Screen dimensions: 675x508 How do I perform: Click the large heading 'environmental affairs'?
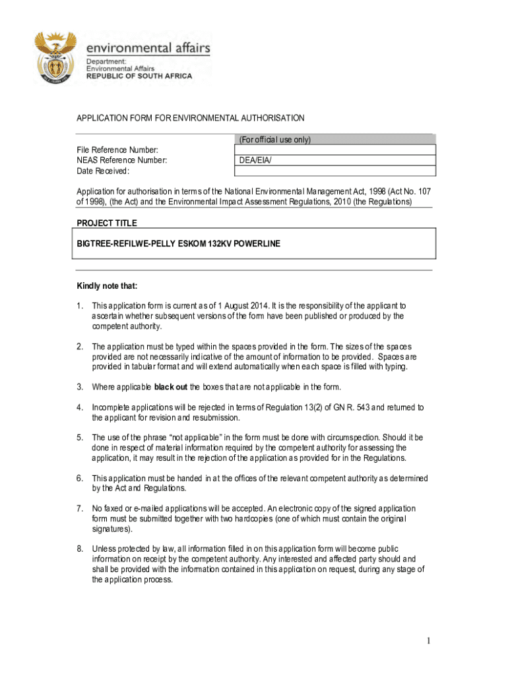[x=148, y=47]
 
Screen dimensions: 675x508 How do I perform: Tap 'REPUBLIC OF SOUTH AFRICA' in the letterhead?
[x=139, y=76]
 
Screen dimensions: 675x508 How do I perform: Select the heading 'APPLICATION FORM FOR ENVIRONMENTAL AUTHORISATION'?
[x=191, y=119]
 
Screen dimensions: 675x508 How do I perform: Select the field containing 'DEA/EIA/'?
[x=335, y=160]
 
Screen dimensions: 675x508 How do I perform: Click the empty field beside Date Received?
[x=335, y=171]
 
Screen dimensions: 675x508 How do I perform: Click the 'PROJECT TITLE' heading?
[x=107, y=223]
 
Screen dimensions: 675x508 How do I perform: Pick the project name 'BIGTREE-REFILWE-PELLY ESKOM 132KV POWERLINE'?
[x=179, y=244]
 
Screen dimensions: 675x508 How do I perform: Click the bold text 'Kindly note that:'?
[x=107, y=286]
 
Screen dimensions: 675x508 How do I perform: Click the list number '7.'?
[x=79, y=509]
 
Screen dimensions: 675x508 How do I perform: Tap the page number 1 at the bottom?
[x=428, y=641]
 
